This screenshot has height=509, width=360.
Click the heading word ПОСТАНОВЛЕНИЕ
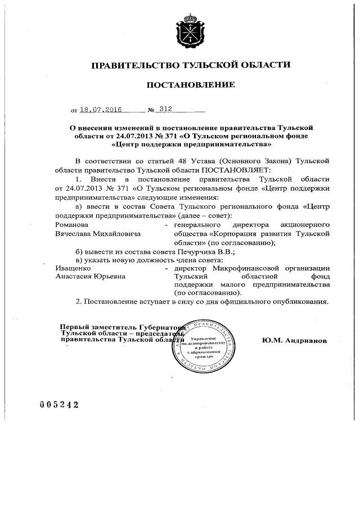tap(190, 85)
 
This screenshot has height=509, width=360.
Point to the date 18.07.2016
tap(101, 110)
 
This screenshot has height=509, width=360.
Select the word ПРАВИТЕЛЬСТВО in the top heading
tap(131, 65)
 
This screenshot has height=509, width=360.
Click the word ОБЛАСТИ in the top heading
tap(262, 65)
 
